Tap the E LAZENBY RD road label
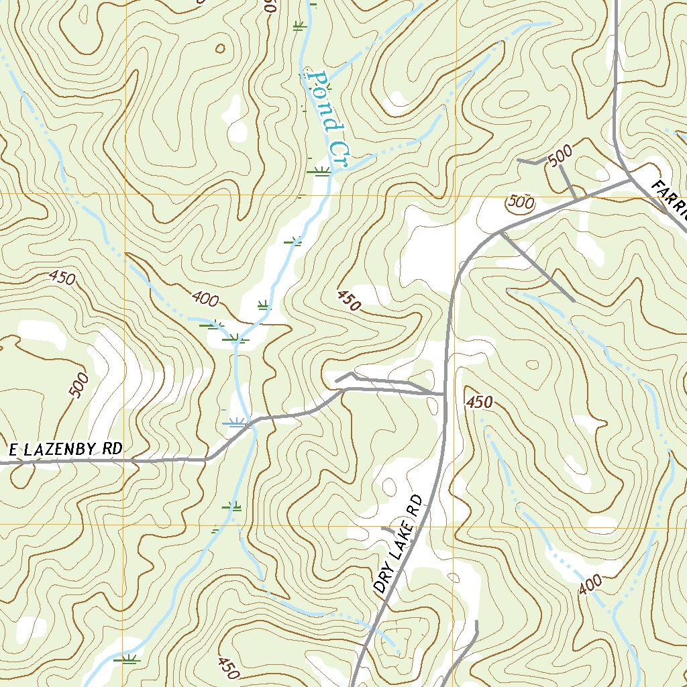tap(65, 450)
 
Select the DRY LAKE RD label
tap(399, 544)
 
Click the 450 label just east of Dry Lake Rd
tap(480, 403)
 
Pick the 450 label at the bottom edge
tap(228, 667)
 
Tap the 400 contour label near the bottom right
tap(590, 586)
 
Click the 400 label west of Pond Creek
tap(205, 299)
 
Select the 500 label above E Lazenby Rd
tap(78, 387)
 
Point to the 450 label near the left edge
tap(62, 277)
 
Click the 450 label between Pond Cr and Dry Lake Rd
tap(350, 300)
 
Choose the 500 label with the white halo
tap(521, 201)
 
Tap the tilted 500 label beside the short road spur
tap(560, 156)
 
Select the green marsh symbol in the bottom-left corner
tap(127, 659)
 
